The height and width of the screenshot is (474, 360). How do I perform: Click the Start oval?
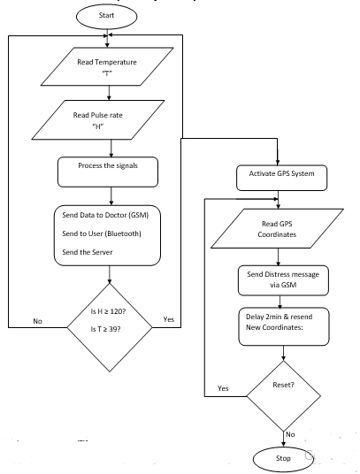coord(106,17)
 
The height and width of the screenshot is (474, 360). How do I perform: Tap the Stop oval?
coord(284,459)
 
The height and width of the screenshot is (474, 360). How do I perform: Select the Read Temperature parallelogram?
coord(107,66)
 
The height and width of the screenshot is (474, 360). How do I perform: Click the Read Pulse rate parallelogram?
coord(98,120)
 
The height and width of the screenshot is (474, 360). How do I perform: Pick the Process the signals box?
coord(108,172)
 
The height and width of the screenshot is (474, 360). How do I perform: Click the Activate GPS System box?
coord(281,178)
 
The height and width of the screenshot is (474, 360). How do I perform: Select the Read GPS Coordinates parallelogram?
coord(277,228)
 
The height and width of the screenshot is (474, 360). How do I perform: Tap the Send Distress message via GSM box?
coord(283,280)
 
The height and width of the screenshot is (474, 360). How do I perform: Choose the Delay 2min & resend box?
coord(284,326)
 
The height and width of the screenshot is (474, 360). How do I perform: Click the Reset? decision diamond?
coord(284,396)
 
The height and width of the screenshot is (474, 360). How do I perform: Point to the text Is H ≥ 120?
coord(108,311)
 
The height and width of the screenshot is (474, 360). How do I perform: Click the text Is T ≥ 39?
coord(105,329)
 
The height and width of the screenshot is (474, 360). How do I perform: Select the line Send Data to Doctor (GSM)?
coord(105,215)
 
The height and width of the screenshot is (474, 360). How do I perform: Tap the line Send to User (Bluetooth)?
coord(102,233)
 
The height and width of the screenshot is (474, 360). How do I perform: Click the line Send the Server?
coord(88,252)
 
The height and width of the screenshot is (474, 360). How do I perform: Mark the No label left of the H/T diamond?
coord(37,321)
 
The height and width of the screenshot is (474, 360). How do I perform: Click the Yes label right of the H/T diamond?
coord(169,319)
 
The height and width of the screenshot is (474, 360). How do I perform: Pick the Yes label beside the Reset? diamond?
coord(223,388)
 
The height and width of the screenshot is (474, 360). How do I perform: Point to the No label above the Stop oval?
coord(290,434)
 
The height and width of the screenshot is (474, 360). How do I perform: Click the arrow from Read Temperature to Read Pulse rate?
coord(109,93)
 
